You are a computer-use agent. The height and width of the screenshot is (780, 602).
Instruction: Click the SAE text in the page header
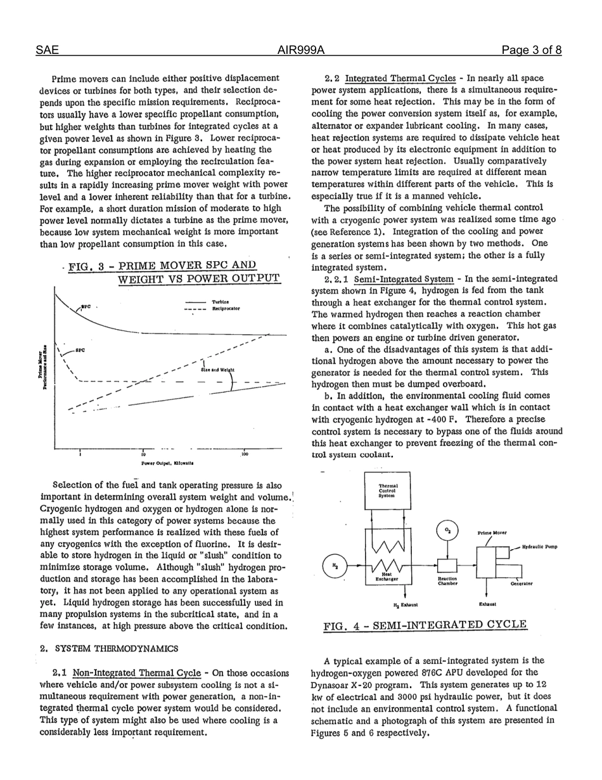pyautogui.click(x=46, y=50)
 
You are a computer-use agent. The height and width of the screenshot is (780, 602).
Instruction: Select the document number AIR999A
pyautogui.click(x=300, y=50)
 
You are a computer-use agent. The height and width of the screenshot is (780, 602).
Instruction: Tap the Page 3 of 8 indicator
pyautogui.click(x=531, y=50)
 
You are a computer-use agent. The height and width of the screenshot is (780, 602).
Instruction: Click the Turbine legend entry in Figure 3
pyautogui.click(x=221, y=302)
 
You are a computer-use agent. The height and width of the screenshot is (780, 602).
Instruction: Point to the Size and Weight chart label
pyautogui.click(x=217, y=370)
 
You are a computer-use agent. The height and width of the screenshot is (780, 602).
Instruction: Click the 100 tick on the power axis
pyautogui.click(x=244, y=455)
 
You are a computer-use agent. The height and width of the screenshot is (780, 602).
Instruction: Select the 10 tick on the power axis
pyautogui.click(x=144, y=455)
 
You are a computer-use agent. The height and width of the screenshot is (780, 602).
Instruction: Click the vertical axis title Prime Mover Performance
pyautogui.click(x=43, y=370)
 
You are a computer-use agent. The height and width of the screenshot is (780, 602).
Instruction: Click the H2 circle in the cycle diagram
pyautogui.click(x=335, y=566)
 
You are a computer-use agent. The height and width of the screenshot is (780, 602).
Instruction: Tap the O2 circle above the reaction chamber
pyautogui.click(x=447, y=531)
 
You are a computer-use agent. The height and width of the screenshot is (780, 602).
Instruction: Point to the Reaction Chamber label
pyautogui.click(x=447, y=582)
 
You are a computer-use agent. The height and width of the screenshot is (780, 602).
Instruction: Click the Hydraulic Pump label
pyautogui.click(x=539, y=547)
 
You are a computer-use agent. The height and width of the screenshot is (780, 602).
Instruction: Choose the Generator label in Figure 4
pyautogui.click(x=522, y=583)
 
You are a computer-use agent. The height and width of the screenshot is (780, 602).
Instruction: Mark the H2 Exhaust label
pyautogui.click(x=406, y=605)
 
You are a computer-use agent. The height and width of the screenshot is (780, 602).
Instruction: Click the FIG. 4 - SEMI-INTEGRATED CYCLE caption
pyautogui.click(x=425, y=625)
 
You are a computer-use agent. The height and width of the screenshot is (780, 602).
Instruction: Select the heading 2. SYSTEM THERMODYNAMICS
pyautogui.click(x=108, y=649)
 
